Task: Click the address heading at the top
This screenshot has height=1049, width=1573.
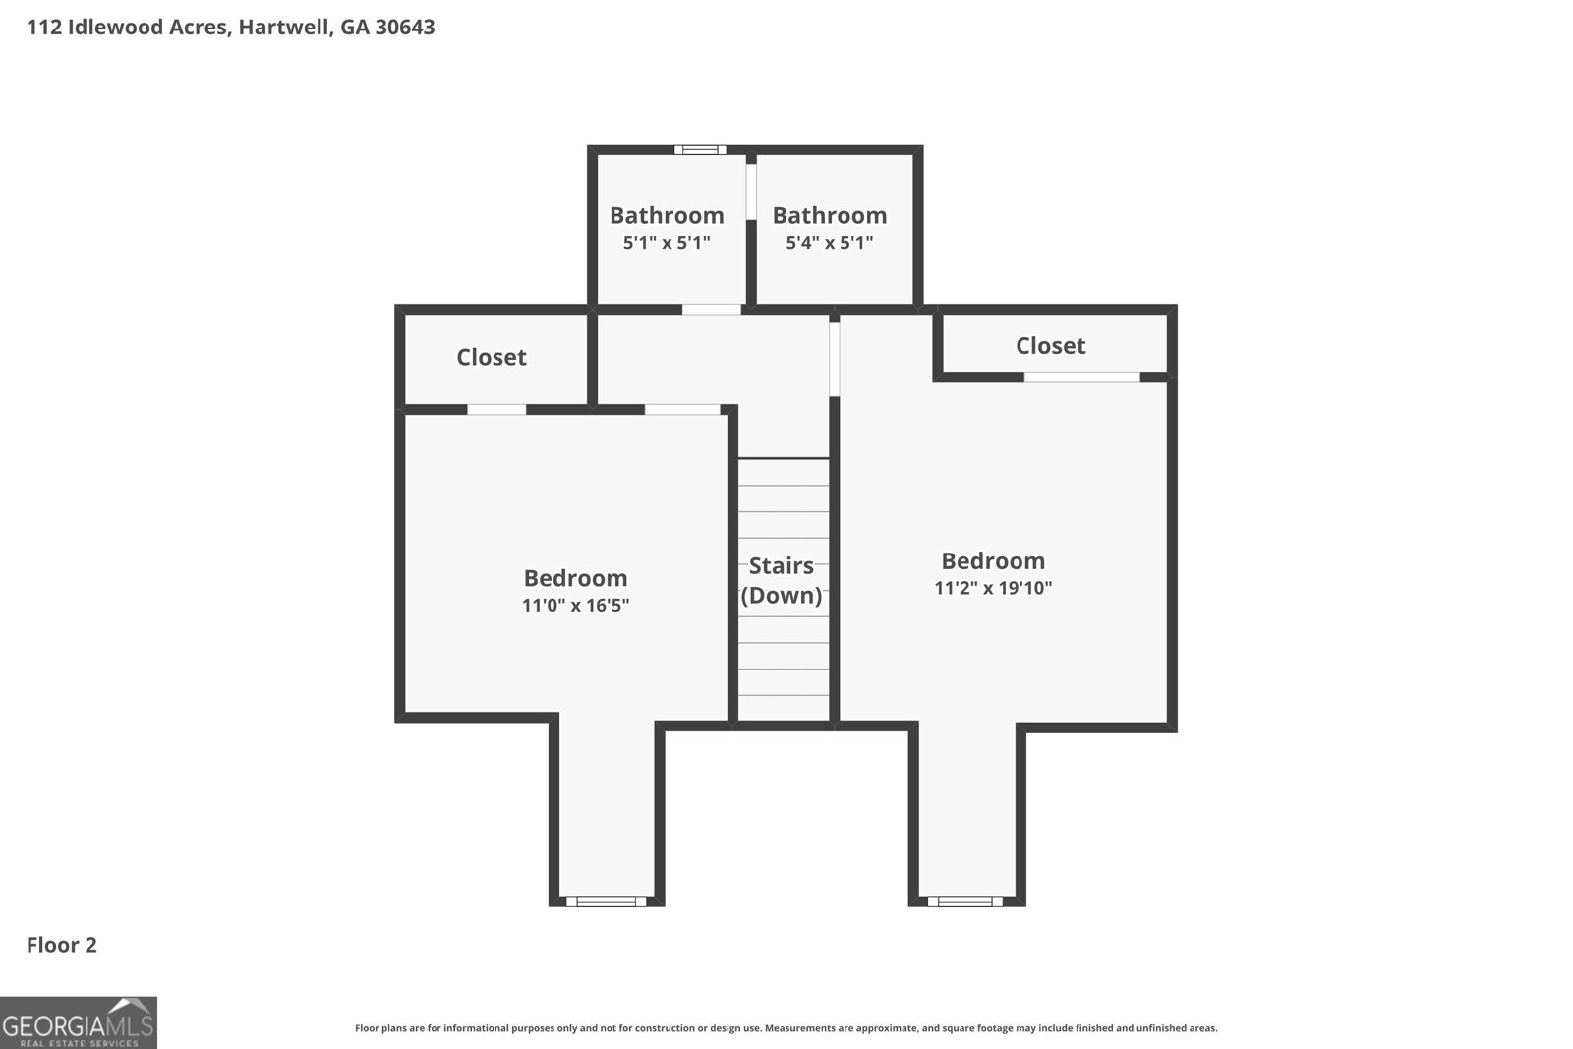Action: [x=231, y=28]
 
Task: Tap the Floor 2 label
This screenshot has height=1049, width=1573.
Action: [x=62, y=945]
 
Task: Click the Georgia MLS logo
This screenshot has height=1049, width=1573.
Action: [x=78, y=1022]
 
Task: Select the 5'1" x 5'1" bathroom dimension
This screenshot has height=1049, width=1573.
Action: [x=667, y=242]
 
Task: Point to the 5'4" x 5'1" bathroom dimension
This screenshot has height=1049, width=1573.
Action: [x=830, y=242]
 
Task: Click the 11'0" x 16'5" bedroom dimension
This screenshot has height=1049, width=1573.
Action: [x=575, y=605]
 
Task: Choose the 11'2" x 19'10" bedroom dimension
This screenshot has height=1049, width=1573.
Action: [x=993, y=588]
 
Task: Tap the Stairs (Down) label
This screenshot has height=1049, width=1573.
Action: [x=782, y=580]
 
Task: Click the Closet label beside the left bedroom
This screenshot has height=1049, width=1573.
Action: [x=492, y=357]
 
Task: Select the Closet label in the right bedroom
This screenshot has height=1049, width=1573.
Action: [x=1051, y=345]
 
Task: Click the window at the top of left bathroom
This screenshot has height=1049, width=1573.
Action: [x=700, y=149]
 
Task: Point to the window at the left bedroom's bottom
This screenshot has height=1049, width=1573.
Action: [x=606, y=902]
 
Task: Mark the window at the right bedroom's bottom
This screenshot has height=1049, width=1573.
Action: [x=964, y=902]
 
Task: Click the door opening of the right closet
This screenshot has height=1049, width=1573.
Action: [x=1081, y=378]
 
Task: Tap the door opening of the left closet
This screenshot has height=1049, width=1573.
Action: [x=496, y=409]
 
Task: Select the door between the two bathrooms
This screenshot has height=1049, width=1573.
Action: [x=751, y=192]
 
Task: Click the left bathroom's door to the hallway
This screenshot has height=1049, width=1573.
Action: [x=712, y=309]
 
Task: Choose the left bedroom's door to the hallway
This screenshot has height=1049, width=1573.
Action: [x=682, y=409]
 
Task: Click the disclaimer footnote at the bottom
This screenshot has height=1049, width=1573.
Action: [x=786, y=1028]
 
